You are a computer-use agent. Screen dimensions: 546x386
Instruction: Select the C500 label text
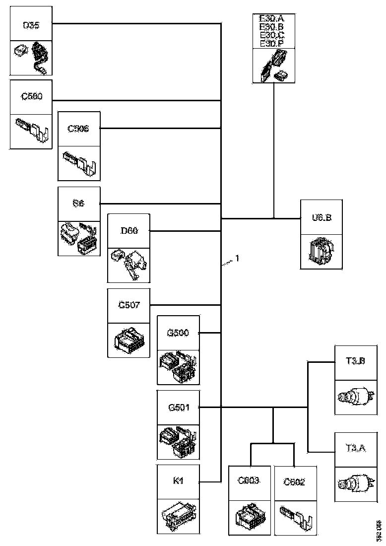click(x=31, y=97)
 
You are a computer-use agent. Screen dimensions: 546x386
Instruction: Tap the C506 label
click(x=78, y=129)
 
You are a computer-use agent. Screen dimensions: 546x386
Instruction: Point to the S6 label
click(x=78, y=204)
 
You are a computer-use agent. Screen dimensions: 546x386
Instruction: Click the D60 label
click(x=129, y=231)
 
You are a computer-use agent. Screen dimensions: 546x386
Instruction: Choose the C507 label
click(x=129, y=305)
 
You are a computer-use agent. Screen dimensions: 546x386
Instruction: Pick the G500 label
click(x=178, y=333)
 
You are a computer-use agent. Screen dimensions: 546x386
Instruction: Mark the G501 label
click(x=178, y=408)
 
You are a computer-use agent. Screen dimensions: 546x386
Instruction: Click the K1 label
click(x=178, y=481)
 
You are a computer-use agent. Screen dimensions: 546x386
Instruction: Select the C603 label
click(x=250, y=481)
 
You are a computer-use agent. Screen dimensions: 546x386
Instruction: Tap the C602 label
click(x=294, y=482)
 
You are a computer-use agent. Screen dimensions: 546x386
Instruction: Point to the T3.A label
click(x=356, y=449)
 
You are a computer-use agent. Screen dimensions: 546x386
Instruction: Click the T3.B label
click(x=356, y=361)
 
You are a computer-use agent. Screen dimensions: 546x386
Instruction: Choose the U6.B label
click(x=321, y=217)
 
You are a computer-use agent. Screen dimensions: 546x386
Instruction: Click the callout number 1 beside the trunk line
click(x=238, y=258)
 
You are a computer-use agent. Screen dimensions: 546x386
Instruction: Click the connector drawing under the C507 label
click(x=129, y=340)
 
